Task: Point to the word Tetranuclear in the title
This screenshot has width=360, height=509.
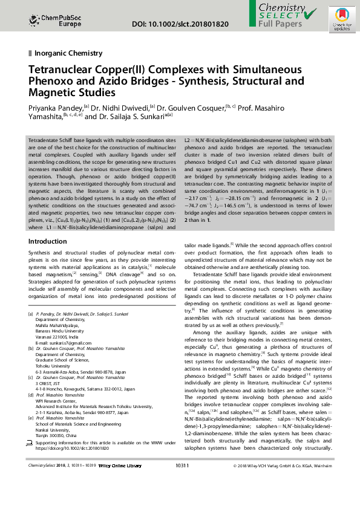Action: pyautogui.click(x=60, y=70)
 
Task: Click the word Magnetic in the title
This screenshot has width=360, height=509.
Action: pyautogui.click(x=50, y=92)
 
